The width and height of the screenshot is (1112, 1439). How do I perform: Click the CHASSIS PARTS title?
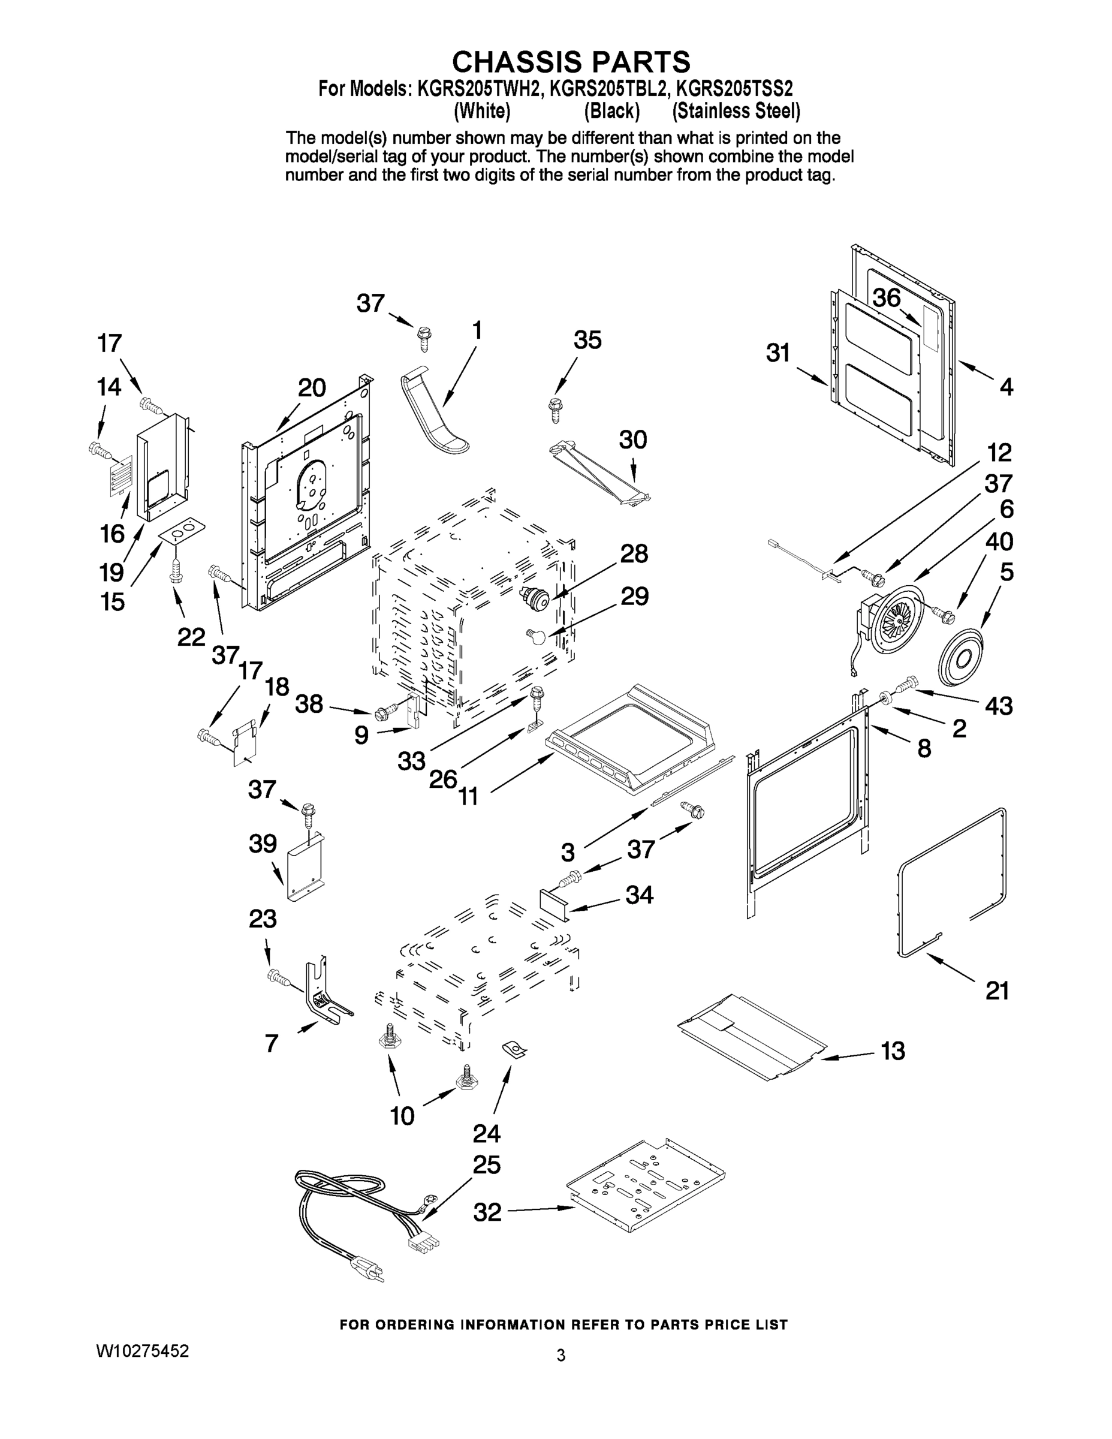(x=571, y=62)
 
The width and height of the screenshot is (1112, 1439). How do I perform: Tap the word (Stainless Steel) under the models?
(x=736, y=112)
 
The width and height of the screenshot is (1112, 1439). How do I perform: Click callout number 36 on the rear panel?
(x=887, y=299)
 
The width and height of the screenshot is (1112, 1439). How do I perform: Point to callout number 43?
(x=998, y=706)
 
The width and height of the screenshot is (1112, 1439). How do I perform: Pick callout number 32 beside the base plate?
(x=487, y=1212)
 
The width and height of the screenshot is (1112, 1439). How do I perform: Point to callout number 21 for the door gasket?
(x=997, y=990)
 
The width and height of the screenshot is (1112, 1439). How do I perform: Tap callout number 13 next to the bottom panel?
(x=893, y=1051)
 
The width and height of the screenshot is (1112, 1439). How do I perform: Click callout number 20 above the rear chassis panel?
(x=311, y=388)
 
